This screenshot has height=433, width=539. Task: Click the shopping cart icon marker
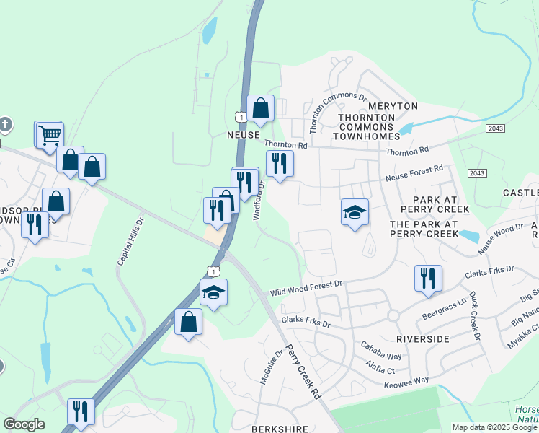pyautogui.click(x=49, y=134)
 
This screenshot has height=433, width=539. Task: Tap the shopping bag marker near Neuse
pyautogui.click(x=261, y=109)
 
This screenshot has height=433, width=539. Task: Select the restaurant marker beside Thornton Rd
pyautogui.click(x=280, y=163)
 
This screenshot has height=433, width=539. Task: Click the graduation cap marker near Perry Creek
pyautogui.click(x=355, y=212)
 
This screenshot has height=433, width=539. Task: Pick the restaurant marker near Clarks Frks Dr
pyautogui.click(x=429, y=278)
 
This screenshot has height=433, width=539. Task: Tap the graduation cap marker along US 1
pyautogui.click(x=213, y=292)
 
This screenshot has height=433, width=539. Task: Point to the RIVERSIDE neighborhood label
pyautogui.click(x=423, y=338)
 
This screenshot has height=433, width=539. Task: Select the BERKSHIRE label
pyautogui.click(x=280, y=429)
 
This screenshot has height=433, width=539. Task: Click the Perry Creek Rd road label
pyautogui.click(x=303, y=372)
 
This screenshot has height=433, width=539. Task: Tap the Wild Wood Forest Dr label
pyautogui.click(x=306, y=289)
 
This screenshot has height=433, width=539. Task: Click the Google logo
pyautogui.click(x=24, y=424)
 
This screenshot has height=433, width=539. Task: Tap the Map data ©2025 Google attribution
pyautogui.click(x=494, y=427)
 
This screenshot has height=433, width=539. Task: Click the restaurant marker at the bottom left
pyautogui.click(x=81, y=412)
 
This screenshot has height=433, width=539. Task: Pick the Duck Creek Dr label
pyautogui.click(x=473, y=316)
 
